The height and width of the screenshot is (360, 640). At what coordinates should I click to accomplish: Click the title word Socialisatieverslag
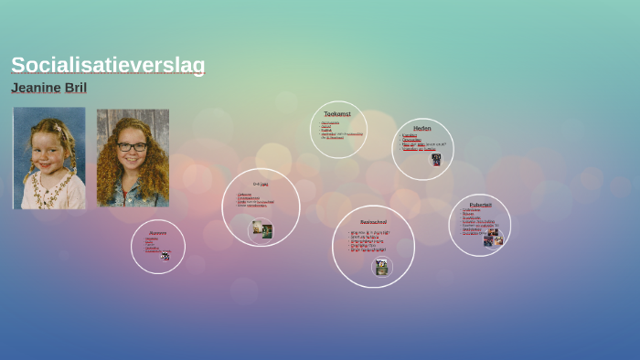[x=108, y=65]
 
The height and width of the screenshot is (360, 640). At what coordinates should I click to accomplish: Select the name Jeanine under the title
[x=36, y=88]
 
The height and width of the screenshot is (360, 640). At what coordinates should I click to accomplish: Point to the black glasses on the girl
[x=132, y=146]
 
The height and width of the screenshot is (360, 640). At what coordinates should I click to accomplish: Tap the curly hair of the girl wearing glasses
[x=114, y=164]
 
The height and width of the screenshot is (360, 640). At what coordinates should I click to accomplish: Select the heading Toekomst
[x=337, y=113]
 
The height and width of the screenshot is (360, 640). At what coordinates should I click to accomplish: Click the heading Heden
[x=421, y=128]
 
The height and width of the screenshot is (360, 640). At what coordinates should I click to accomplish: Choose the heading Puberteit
[x=480, y=205]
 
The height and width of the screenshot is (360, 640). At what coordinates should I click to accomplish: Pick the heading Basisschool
[x=373, y=222]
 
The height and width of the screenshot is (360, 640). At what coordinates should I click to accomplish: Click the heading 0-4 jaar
[x=261, y=184]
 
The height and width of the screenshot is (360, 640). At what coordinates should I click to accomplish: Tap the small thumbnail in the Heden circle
[x=436, y=159]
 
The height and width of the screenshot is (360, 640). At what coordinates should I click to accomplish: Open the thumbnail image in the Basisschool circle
[x=381, y=267]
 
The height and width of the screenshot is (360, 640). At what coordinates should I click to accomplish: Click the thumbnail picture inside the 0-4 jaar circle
[x=262, y=230]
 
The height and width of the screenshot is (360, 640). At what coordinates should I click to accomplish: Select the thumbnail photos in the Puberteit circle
[x=493, y=237]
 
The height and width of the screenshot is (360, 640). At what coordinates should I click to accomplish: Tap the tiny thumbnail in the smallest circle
[x=165, y=257]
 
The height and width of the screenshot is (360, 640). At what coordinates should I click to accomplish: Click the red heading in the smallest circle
[x=158, y=233]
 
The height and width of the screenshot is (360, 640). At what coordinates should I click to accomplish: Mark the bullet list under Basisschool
[x=369, y=241]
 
